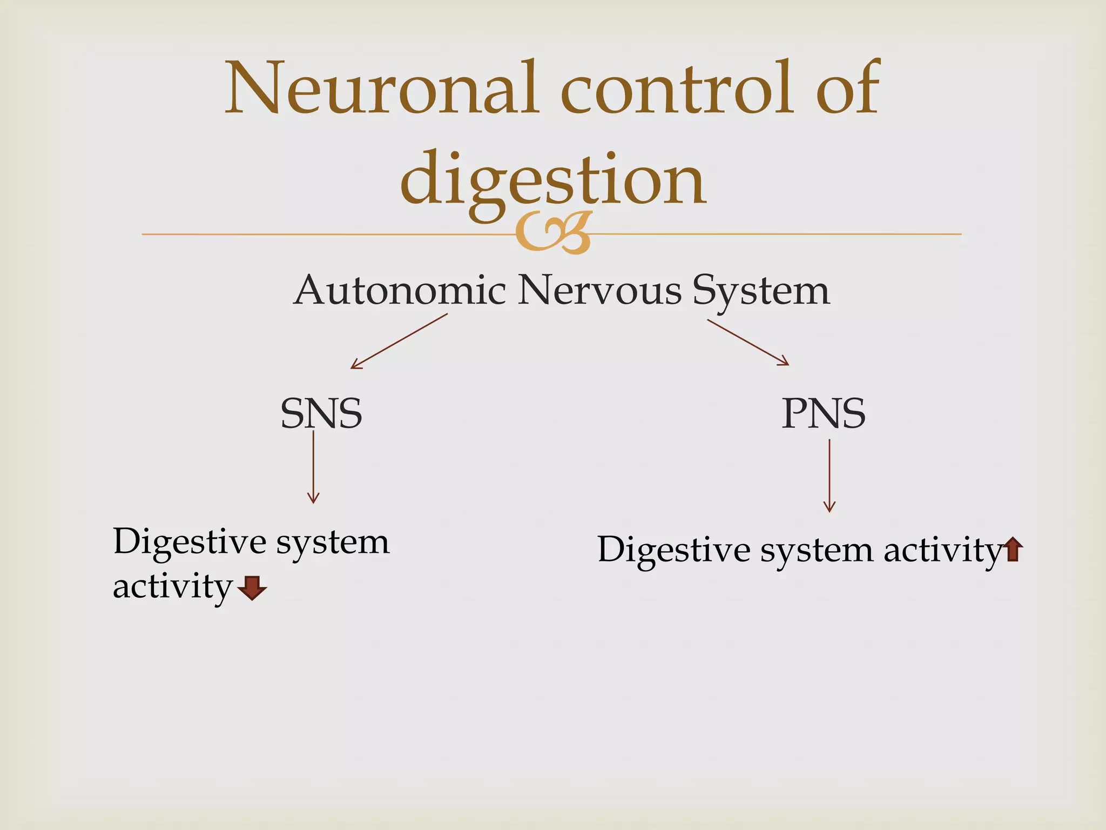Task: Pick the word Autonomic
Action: [400, 290]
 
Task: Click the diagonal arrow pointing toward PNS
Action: [748, 343]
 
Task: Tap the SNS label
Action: [321, 414]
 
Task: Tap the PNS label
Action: [824, 414]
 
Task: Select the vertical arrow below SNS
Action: [313, 467]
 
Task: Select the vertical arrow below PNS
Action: [829, 476]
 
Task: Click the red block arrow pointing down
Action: [252, 588]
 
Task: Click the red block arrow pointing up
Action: [1013, 550]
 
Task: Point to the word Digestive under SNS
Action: [190, 542]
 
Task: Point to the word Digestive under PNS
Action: [674, 551]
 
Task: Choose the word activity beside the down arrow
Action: [172, 587]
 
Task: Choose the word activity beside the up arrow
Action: [942, 551]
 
